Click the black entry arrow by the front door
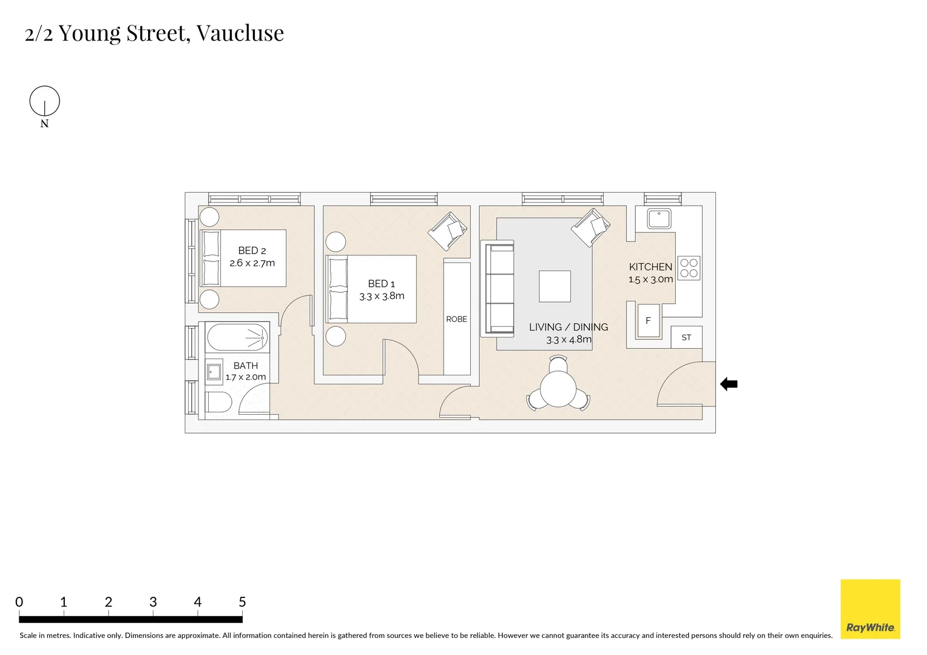729,384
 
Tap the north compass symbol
45,101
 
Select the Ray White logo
870,609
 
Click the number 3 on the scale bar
153,602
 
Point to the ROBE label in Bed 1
456,319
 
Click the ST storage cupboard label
686,337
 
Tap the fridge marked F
648,321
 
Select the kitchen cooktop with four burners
689,268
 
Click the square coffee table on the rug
555,286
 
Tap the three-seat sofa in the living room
497,288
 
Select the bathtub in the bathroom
237,337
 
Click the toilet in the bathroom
218,401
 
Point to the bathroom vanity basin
214,372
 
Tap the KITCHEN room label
650,267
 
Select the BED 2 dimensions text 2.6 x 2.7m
252,263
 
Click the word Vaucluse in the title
240,33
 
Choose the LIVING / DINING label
568,327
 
